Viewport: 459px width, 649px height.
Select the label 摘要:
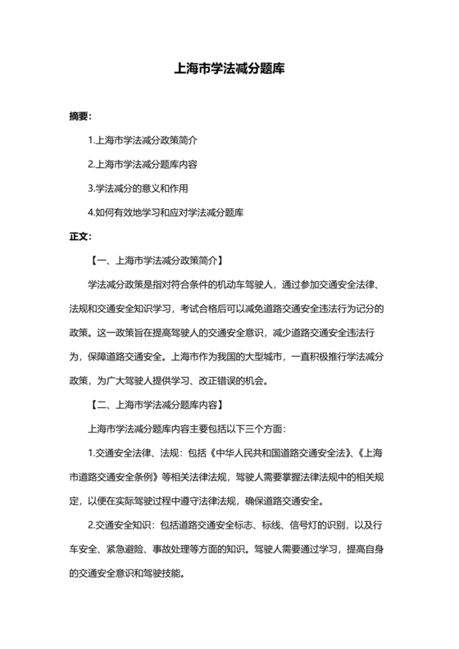pos(80,117)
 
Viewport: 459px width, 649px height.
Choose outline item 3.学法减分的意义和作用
pos(136,188)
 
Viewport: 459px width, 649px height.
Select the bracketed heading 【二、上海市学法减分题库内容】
pos(157,404)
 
